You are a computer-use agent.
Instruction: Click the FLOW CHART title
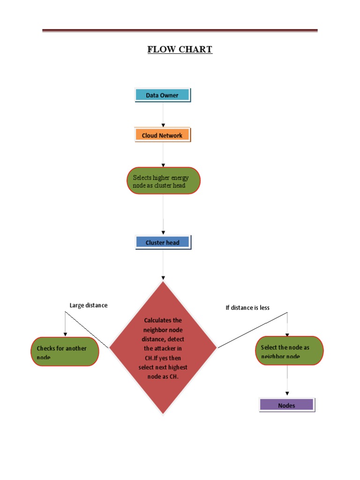tap(180, 49)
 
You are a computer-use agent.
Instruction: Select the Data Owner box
tap(163, 95)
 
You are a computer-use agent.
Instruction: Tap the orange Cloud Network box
tap(163, 135)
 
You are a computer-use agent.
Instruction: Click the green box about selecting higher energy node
tap(163, 181)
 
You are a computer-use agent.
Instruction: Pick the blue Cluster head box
tap(163, 242)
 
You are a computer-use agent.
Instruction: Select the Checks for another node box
tap(65, 352)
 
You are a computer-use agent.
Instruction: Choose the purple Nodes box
tap(287, 405)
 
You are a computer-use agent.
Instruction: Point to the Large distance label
tap(88, 305)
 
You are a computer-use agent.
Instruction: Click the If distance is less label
tap(247, 308)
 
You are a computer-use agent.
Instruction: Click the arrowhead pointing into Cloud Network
tap(163, 125)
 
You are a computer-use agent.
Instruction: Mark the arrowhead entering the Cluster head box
tap(163, 232)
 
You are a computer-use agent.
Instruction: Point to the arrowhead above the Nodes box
tap(287, 394)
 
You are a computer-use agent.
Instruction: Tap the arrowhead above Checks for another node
tap(65, 333)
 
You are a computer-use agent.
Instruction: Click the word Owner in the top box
tap(170, 95)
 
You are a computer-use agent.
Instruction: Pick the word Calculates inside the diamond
tap(163, 320)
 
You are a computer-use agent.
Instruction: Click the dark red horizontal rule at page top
tap(180, 30)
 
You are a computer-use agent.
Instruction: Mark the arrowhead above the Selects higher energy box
tap(163, 165)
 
